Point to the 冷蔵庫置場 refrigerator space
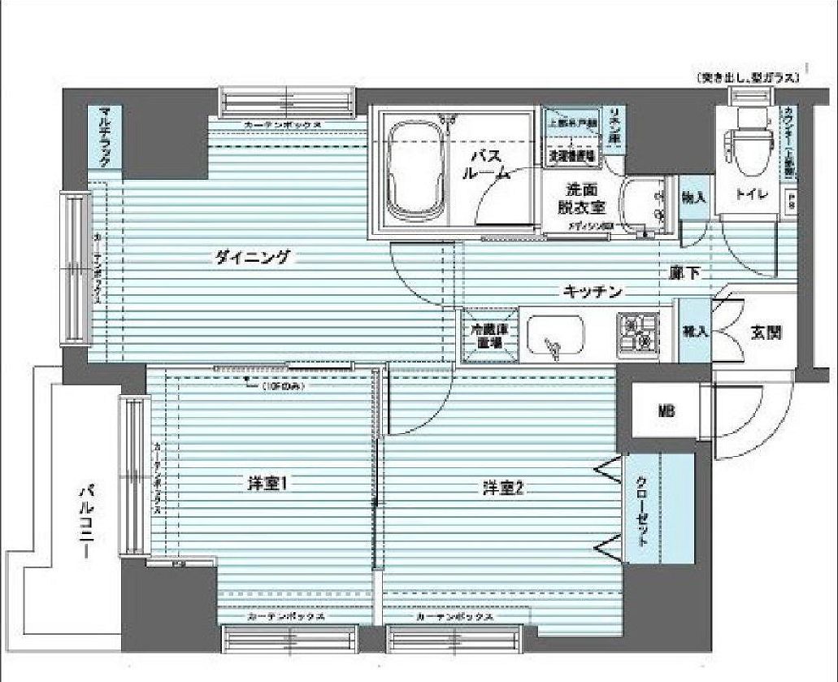485,337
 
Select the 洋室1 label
268,485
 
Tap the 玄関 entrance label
766,332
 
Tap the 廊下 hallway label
685,273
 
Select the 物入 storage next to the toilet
693,198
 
